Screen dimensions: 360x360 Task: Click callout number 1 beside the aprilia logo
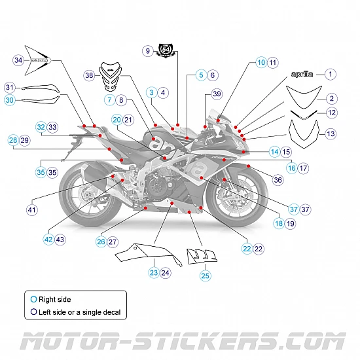[x=331, y=75]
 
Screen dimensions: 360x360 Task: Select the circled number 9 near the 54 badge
[x=148, y=50]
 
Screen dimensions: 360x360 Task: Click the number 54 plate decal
[x=166, y=50]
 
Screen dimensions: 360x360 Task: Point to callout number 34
[x=18, y=60]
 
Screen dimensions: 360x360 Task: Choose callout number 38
[x=89, y=76]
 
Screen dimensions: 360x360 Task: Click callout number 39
[x=217, y=94]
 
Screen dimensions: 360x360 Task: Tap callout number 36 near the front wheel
[x=278, y=179]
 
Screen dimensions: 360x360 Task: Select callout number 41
[x=31, y=210]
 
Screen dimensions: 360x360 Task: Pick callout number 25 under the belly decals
[x=205, y=276]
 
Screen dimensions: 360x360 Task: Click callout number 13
[x=331, y=134]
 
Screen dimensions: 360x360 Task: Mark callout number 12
[x=331, y=113]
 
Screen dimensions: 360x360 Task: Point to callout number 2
[x=331, y=98]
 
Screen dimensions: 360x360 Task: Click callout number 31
[x=9, y=87]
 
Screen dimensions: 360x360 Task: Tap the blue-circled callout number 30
[x=9, y=100]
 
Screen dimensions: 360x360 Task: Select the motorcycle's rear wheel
[x=86, y=197]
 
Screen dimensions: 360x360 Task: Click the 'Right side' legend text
[x=55, y=298]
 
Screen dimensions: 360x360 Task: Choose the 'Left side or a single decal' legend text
[x=82, y=313]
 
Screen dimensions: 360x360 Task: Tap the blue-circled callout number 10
[x=261, y=62]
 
